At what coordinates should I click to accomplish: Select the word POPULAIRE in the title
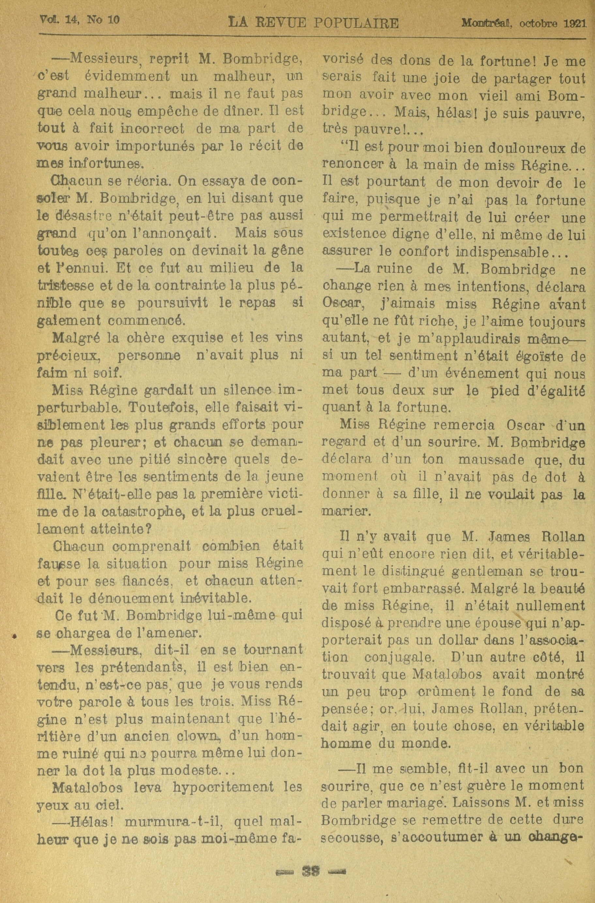click(356, 24)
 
